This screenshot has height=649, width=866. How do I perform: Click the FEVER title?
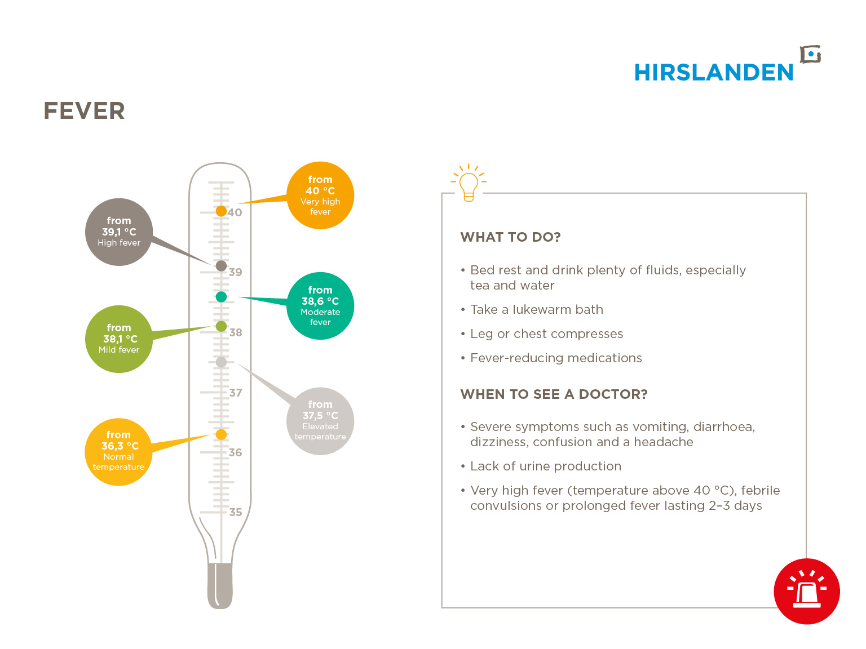coord(84,110)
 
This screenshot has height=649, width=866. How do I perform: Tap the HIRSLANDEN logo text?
coord(714,73)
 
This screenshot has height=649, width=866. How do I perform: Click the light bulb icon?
coord(469,183)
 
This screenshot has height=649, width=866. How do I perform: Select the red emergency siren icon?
coord(806,591)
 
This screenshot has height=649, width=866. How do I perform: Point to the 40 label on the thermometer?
coord(235,212)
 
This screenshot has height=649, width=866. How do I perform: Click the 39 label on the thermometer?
coord(236,272)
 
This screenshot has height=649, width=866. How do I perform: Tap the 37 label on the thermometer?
coord(236,393)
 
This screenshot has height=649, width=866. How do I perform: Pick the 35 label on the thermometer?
coord(236,512)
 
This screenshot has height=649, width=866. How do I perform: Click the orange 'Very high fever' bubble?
coord(320,195)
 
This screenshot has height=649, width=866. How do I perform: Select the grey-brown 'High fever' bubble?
coord(119,232)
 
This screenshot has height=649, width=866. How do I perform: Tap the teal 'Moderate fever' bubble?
coord(320,306)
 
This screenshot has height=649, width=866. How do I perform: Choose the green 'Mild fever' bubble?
coord(119,339)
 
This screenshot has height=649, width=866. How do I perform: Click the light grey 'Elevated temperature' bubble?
coord(320,421)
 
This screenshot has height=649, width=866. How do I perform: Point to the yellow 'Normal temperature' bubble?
coord(118,452)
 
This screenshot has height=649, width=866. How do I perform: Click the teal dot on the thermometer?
coord(221,297)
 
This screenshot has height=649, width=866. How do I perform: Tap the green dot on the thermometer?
coord(221,326)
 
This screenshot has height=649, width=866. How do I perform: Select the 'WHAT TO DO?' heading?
coord(510,237)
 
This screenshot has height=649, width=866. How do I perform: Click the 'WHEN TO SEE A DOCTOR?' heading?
coord(554,394)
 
